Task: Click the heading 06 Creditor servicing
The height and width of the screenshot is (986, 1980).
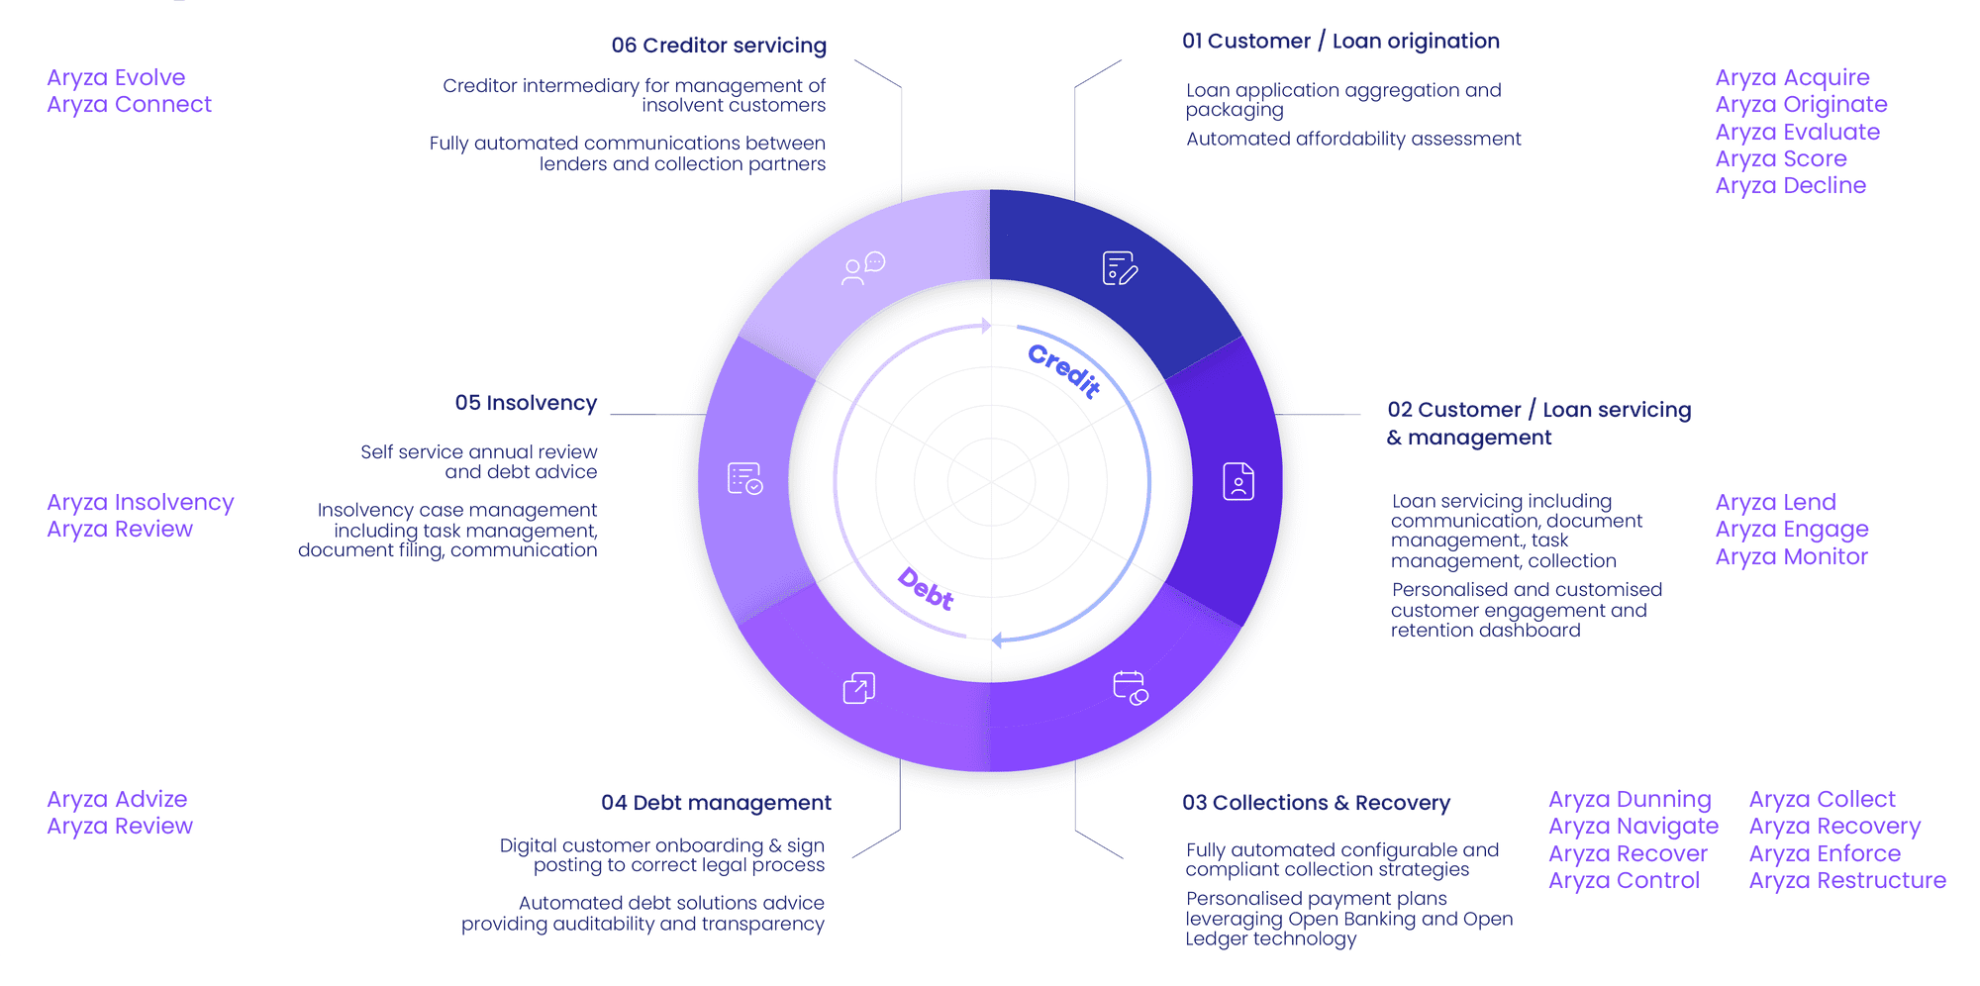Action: [x=718, y=46]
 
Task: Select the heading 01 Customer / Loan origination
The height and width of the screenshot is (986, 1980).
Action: [x=1340, y=42]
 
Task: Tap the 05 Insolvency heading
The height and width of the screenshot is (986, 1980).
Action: [x=526, y=403]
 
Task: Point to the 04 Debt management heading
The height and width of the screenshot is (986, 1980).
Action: [x=716, y=803]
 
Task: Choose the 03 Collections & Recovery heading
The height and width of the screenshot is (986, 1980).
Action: [x=1316, y=803]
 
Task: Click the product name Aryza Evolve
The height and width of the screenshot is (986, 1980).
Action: [x=116, y=77]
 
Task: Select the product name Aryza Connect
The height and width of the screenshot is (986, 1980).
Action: [x=129, y=105]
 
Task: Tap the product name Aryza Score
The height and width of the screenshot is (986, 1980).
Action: [x=1781, y=158]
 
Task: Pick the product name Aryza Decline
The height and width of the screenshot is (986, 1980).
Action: [x=1790, y=186]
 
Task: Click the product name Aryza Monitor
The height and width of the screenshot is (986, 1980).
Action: [x=1791, y=557]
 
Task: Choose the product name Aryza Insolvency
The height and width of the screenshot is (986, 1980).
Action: [x=140, y=503]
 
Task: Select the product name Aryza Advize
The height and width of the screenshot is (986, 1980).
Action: [x=117, y=799]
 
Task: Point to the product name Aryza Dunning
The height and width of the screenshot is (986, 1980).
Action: [x=1630, y=799]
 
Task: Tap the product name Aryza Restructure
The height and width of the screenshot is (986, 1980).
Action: [x=1847, y=881]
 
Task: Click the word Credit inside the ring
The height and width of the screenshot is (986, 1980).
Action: [x=1064, y=370]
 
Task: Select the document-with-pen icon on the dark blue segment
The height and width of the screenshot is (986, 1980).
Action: [x=1120, y=268]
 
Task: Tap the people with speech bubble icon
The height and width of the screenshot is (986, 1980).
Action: [x=862, y=268]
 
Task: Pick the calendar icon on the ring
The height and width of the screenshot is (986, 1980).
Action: [x=1130, y=687]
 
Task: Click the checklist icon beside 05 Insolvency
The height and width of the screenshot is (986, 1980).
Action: [x=744, y=479]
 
